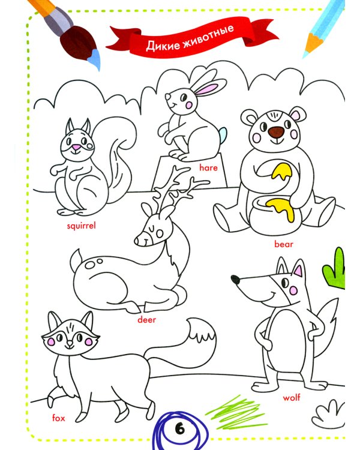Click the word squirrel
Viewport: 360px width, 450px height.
(81, 226)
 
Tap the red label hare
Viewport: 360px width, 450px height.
(208, 167)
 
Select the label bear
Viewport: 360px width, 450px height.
(284, 244)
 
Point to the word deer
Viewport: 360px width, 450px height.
(146, 319)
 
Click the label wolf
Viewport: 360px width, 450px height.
(292, 397)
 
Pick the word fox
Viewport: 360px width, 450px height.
(59, 418)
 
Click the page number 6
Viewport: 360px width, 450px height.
(180, 430)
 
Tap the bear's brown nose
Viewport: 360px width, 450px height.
(276, 131)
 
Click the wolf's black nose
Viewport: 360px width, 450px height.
(235, 279)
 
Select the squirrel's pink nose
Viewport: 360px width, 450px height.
(76, 148)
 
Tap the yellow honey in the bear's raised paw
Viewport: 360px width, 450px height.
(281, 172)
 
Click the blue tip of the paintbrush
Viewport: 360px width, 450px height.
(94, 59)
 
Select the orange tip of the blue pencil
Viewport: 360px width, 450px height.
(312, 44)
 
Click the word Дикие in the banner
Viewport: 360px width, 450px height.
(163, 45)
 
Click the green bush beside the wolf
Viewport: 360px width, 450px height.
(334, 268)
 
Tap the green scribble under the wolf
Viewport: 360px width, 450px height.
(235, 412)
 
